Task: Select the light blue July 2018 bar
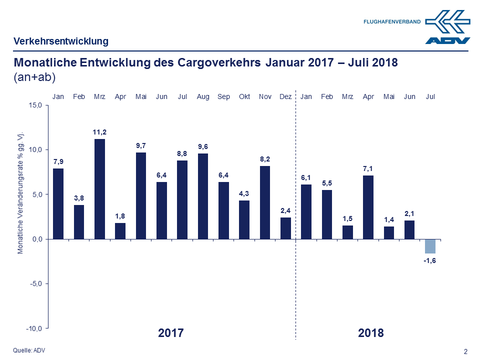[430, 246]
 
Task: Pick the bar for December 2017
[285, 228]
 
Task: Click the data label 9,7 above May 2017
[141, 145]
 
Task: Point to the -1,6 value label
[430, 261]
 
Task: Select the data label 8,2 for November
[265, 158]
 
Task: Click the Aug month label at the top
[203, 96]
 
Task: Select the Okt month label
[244, 96]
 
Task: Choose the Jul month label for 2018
[430, 96]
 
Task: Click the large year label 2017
[171, 332]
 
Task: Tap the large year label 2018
[371, 332]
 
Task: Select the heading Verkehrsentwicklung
[61, 41]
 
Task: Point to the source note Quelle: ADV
[29, 350]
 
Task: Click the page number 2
[465, 351]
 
